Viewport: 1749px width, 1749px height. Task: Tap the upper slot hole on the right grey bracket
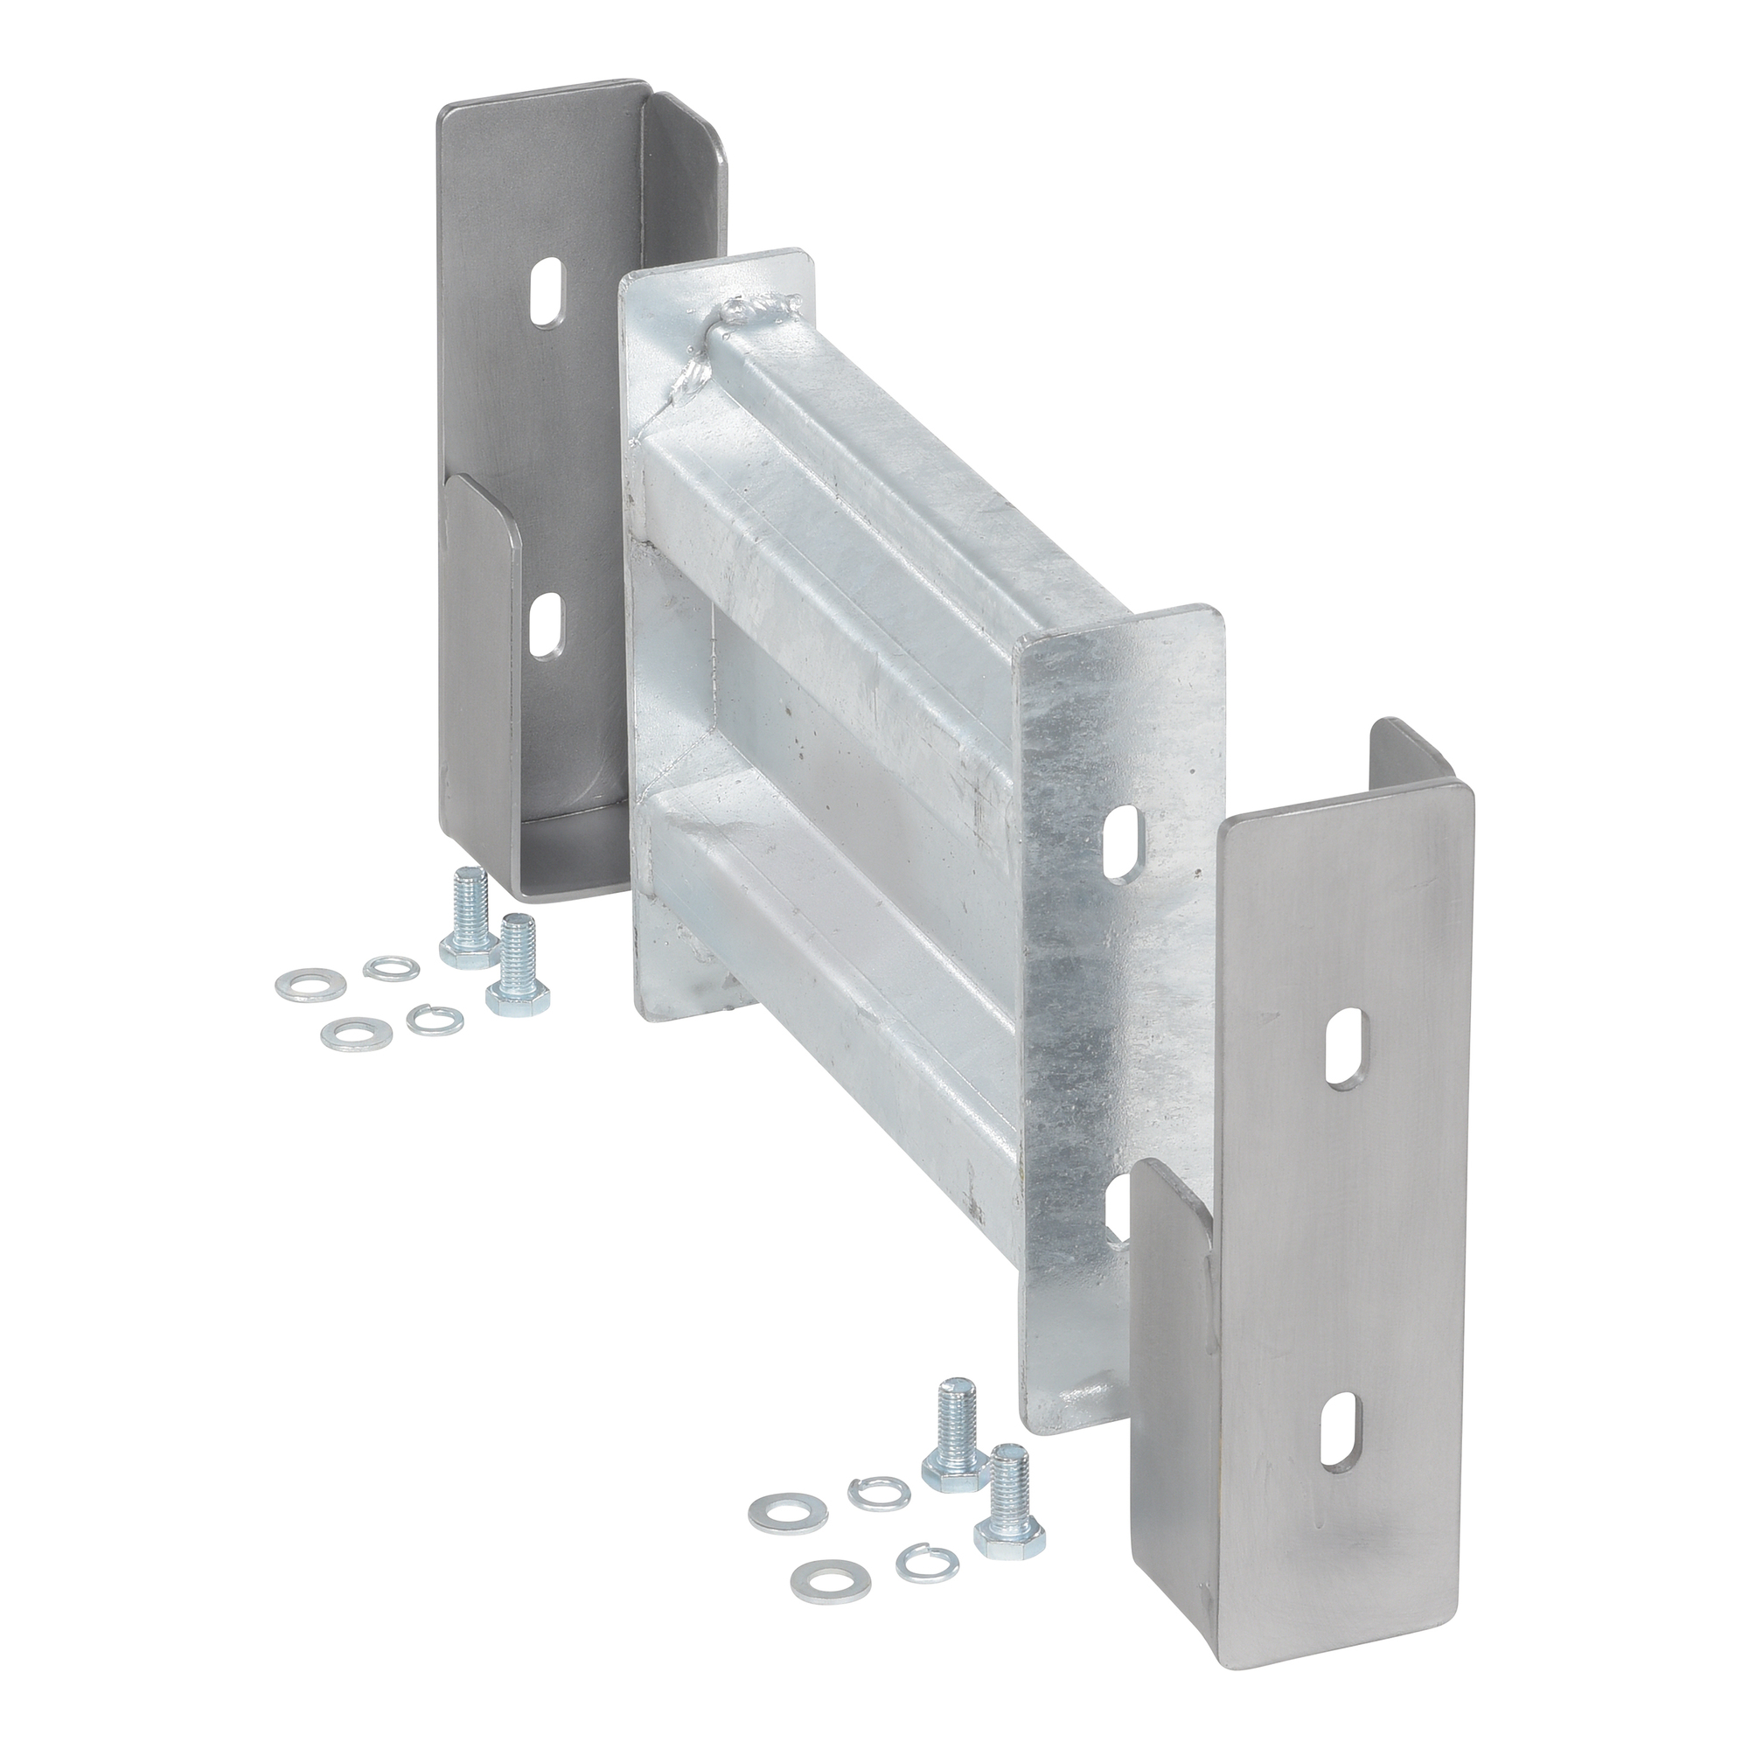pos(1345,1047)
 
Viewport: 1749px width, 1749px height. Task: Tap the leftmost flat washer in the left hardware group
pos(300,982)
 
